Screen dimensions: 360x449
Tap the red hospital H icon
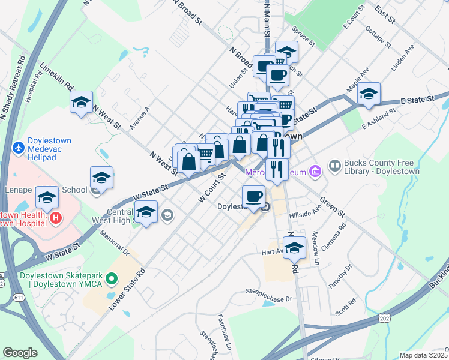pos(56,217)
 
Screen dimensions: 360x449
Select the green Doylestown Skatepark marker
pos(111,278)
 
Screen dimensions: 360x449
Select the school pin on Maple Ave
pos(369,94)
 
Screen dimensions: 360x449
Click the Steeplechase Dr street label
pos(268,293)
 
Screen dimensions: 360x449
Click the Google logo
pos(20,352)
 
